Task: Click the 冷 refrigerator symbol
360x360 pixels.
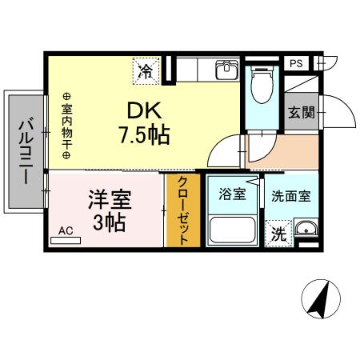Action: [146, 71]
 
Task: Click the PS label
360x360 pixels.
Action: [296, 63]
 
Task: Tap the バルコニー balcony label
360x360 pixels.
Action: [26, 151]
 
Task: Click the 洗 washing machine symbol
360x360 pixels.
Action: [278, 234]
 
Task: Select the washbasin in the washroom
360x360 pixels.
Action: [305, 233]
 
